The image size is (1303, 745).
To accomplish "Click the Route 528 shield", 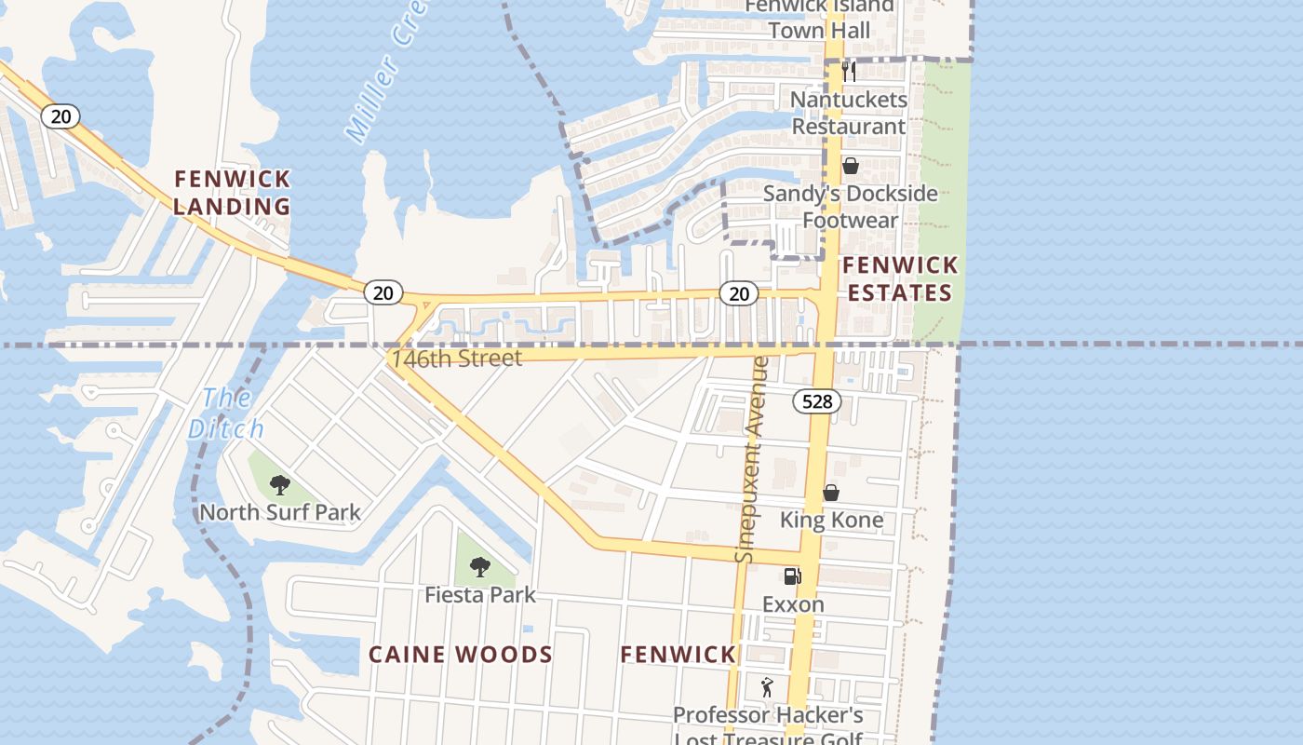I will click(817, 401).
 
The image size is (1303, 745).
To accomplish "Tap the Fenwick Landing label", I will click(232, 192).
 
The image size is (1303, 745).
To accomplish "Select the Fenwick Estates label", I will click(899, 278).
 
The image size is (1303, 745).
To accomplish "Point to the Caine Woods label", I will click(461, 654).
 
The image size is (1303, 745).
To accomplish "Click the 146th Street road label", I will click(456, 358).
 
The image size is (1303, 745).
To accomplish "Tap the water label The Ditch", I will click(225, 413).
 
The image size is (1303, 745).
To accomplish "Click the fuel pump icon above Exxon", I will click(792, 576).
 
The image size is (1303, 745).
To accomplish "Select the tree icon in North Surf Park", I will click(279, 484).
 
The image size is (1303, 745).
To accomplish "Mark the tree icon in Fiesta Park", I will click(479, 566).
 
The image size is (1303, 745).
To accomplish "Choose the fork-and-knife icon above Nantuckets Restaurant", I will click(849, 71).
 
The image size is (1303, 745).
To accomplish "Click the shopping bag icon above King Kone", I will click(830, 493).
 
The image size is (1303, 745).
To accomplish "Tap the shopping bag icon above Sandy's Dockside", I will click(850, 166).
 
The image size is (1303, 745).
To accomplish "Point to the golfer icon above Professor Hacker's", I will click(767, 687).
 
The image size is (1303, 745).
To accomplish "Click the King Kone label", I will click(831, 520).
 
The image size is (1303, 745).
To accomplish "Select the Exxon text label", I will click(793, 604).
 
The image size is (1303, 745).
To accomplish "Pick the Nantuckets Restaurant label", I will click(848, 113).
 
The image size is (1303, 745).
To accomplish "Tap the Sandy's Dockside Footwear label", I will click(850, 207).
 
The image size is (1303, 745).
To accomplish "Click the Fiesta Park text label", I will click(480, 594).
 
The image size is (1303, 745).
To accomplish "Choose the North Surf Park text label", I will click(280, 512).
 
